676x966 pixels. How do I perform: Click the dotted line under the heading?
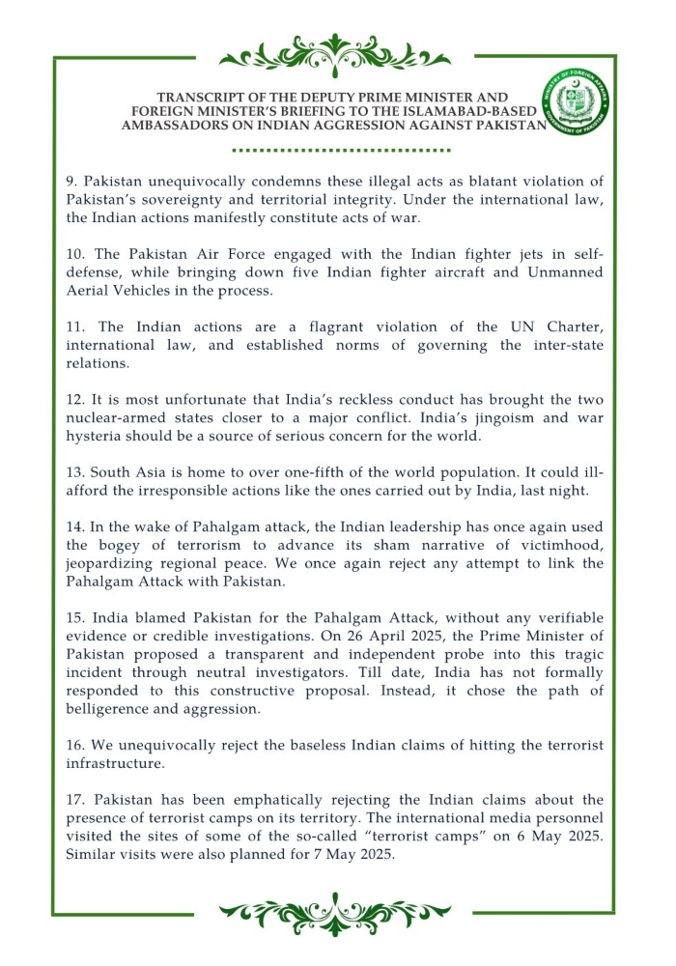click(342, 151)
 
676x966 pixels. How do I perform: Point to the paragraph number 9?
click(70, 182)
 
